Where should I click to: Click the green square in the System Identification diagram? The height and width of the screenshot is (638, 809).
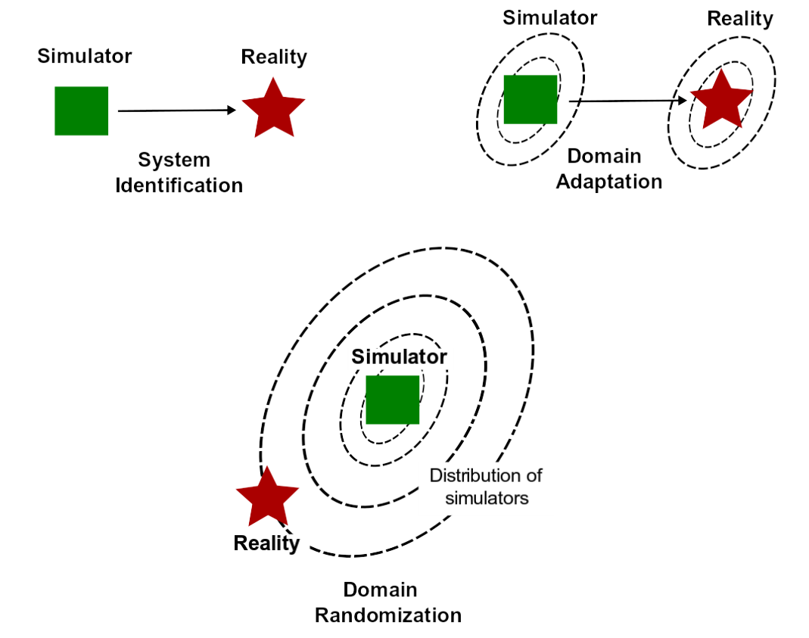(x=81, y=110)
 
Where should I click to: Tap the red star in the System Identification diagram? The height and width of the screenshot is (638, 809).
(x=273, y=107)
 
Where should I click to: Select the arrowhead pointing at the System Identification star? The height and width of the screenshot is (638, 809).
(x=232, y=110)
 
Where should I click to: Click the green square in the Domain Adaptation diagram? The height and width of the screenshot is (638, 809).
(x=530, y=99)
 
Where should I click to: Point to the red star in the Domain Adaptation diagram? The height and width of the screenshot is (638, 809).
(x=721, y=99)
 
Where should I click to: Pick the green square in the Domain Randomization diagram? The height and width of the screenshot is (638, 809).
(x=392, y=399)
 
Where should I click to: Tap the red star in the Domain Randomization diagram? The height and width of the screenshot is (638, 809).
(x=267, y=496)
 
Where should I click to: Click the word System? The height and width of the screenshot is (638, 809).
(x=174, y=160)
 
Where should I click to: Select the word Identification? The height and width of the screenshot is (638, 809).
(x=179, y=185)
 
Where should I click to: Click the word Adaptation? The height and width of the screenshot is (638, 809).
(x=609, y=182)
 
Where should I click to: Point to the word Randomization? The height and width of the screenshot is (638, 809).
(x=388, y=615)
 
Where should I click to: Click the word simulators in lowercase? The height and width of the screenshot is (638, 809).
(x=487, y=498)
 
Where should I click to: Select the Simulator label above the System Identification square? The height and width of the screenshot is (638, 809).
(x=85, y=56)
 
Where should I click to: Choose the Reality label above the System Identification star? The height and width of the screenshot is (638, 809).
(x=274, y=57)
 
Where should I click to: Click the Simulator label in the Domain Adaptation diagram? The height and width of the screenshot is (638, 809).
(x=550, y=17)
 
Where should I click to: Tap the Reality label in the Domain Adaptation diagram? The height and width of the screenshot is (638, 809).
(x=740, y=18)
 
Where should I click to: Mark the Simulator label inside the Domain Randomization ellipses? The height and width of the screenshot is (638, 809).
(x=399, y=356)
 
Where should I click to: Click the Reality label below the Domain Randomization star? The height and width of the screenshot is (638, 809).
(x=266, y=543)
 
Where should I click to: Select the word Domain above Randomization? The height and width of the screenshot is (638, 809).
(x=380, y=590)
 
